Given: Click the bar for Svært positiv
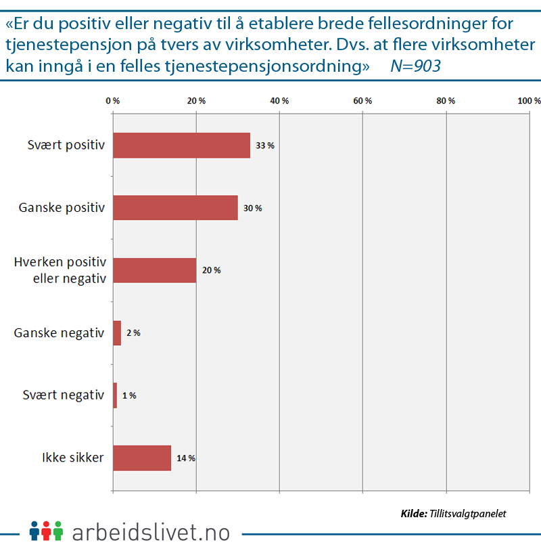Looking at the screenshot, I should coord(181,146).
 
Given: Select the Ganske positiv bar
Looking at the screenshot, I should coord(175,208).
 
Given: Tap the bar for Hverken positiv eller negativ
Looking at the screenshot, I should coord(154,270).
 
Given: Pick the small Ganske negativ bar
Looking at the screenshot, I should coord(117,333).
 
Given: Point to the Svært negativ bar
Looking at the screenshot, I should coord(115,395).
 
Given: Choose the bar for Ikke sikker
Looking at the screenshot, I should coord(142,458).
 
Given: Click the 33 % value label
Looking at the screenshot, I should coord(265,146).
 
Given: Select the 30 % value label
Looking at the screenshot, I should coord(253,208).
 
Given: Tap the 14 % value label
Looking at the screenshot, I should coord(186,458).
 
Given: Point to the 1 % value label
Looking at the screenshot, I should coord(129,395).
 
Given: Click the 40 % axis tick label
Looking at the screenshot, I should coord(279,101).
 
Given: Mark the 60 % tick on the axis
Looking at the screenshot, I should coord(363,101).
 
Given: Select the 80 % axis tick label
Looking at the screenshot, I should coord(446,101).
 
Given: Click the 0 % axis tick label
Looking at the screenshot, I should coord(113,101).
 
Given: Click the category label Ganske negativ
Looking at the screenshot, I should coord(60,333).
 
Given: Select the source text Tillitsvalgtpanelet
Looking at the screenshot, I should coord(467,514).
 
